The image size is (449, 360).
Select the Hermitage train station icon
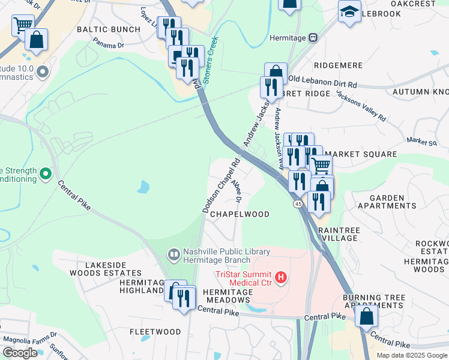pyautogui.click(x=313, y=37)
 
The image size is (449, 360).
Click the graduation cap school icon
pyautogui.click(x=349, y=11)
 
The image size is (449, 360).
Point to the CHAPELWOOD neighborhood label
pyautogui.click(x=240, y=214)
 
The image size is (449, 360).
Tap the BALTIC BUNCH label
pyautogui.click(x=109, y=29)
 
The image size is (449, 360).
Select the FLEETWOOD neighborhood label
pyautogui.click(x=155, y=332)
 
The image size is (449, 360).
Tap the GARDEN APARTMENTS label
pyautogui.click(x=387, y=202)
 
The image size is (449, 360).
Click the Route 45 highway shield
pyautogui.click(x=298, y=205)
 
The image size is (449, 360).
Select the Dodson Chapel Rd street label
pyautogui.click(x=220, y=185)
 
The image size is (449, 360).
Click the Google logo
pyautogui.click(x=20, y=353)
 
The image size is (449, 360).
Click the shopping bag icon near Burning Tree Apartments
pyautogui.click(x=366, y=314)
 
